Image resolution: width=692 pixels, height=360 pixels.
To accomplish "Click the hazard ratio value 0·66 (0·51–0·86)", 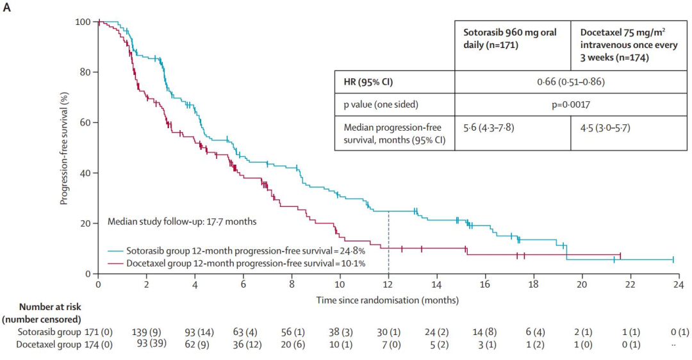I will pyautogui.click(x=571, y=81).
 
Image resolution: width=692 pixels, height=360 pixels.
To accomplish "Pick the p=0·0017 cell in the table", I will pyautogui.click(x=571, y=104).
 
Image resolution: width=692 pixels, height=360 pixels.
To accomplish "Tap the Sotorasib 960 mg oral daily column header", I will pyautogui.click(x=509, y=38).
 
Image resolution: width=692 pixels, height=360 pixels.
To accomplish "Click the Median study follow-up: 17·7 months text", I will pyautogui.click(x=182, y=222).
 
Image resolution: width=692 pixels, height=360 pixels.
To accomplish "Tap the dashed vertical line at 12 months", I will pyautogui.click(x=388, y=243).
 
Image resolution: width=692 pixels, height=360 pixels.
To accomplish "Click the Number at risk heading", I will pyautogui.click(x=50, y=307).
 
